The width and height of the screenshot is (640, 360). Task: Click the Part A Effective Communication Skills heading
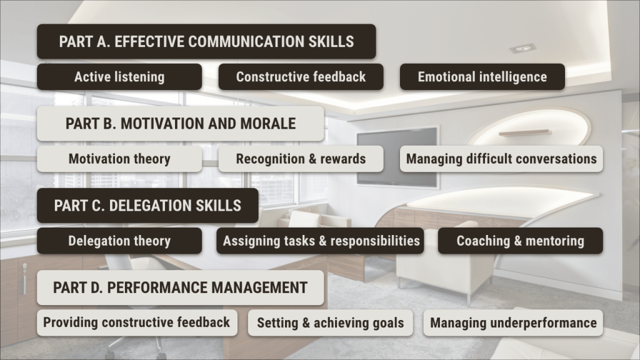[x=206, y=42]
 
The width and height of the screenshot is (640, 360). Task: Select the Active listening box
[x=119, y=77]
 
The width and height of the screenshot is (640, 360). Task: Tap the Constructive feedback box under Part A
[x=301, y=77]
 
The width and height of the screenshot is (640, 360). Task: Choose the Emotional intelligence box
[x=482, y=77]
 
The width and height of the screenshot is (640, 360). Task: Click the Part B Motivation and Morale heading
[x=181, y=124]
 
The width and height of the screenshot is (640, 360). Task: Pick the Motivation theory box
[x=119, y=159]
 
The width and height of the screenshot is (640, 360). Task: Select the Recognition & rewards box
[x=301, y=159]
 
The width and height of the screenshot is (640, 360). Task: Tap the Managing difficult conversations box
[x=501, y=159]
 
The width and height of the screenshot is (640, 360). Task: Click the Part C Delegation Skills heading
[x=147, y=206]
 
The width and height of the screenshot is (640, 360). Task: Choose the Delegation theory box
[x=119, y=241]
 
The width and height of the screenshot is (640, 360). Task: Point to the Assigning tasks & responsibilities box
[x=320, y=241]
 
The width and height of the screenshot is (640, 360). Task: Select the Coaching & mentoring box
[x=521, y=241]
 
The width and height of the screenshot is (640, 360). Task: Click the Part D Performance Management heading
[x=181, y=287]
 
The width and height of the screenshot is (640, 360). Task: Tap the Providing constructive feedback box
[x=137, y=323]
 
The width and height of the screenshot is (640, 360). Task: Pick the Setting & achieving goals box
[x=330, y=323]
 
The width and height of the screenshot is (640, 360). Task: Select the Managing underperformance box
[x=513, y=323]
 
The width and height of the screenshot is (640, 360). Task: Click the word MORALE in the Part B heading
[x=267, y=124]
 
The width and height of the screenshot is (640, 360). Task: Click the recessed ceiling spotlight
[x=522, y=49]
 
